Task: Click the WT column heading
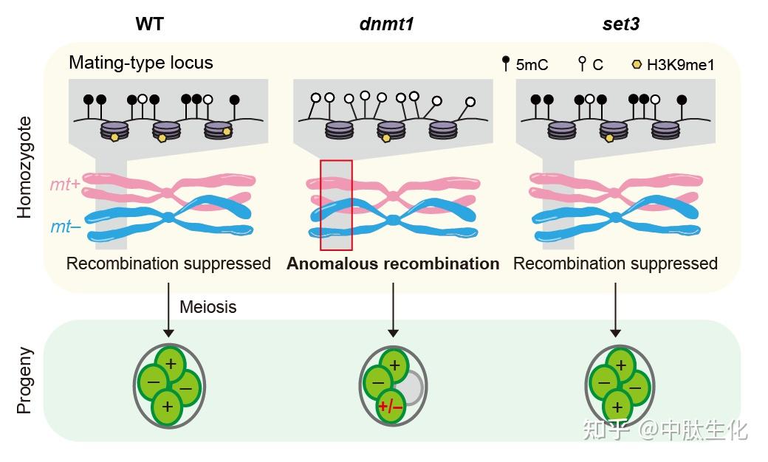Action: coord(149,24)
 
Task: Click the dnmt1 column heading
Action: coord(386,24)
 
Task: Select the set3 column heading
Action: coord(620,24)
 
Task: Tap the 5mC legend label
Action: coord(532,65)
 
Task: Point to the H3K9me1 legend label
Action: coord(680,65)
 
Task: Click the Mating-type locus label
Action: coord(141,63)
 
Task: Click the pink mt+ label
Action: coord(65,185)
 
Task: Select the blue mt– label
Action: coord(66,227)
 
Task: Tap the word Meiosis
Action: coord(208,307)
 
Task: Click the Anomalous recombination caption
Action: coord(393,263)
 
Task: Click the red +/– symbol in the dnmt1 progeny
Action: coord(391,406)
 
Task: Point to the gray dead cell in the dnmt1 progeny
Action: coord(409,387)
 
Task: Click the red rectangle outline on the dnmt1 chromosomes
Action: coord(320,205)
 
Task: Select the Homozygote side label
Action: coord(24,168)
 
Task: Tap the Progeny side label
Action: coord(24,381)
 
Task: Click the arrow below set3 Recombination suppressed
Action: coord(615,310)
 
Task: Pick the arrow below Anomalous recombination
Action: coord(393,310)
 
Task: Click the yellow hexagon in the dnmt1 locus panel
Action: coord(386,138)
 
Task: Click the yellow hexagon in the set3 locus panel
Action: coord(609,139)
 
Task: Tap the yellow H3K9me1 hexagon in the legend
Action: coord(637,64)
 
